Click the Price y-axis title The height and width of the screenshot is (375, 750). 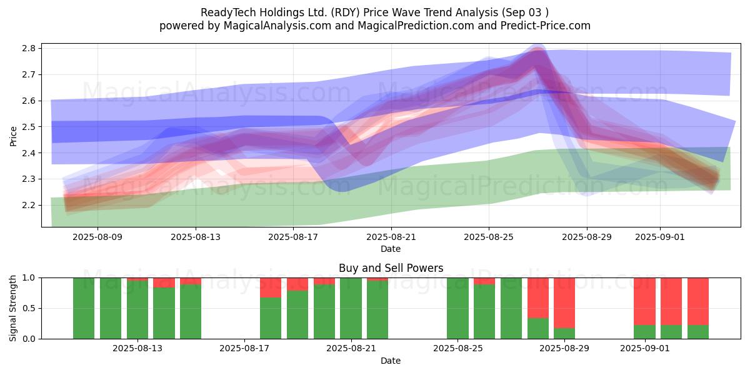[14, 136]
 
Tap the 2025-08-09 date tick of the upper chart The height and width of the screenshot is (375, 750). [98, 237]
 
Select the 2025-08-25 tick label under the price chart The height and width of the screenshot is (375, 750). [489, 237]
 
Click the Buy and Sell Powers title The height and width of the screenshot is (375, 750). [391, 268]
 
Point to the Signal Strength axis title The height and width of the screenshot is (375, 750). [14, 308]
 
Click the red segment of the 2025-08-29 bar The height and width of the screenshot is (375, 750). [564, 302]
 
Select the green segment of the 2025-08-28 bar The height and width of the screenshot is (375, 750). [537, 329]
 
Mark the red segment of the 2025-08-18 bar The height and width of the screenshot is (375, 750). [271, 287]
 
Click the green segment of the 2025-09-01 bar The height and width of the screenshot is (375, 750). [644, 332]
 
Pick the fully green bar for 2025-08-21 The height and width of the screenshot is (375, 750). [351, 308]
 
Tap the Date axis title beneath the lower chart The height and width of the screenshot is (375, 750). [391, 361]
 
